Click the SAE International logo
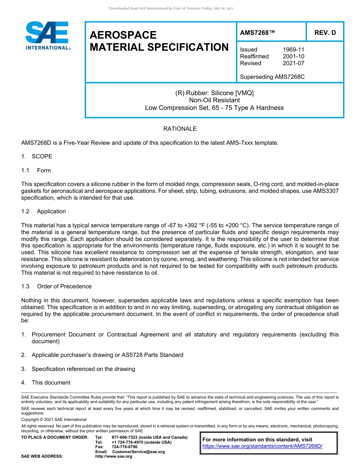tap(47, 36)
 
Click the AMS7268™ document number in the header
tap(257, 33)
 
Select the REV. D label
tap(325, 33)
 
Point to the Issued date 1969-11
tap(293, 50)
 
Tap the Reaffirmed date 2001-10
tap(293, 56)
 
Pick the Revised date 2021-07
tap(293, 63)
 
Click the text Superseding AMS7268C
tap(272, 77)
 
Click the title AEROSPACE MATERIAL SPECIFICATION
tap(159, 41)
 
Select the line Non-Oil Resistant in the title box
tap(214, 100)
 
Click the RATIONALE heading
tap(180, 129)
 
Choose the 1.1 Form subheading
tap(36, 170)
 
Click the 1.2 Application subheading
tap(44, 211)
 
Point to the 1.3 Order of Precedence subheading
tap(56, 286)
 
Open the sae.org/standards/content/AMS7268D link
tap(262, 446)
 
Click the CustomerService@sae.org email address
tap(138, 452)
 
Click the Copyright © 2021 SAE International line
tap(54, 419)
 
